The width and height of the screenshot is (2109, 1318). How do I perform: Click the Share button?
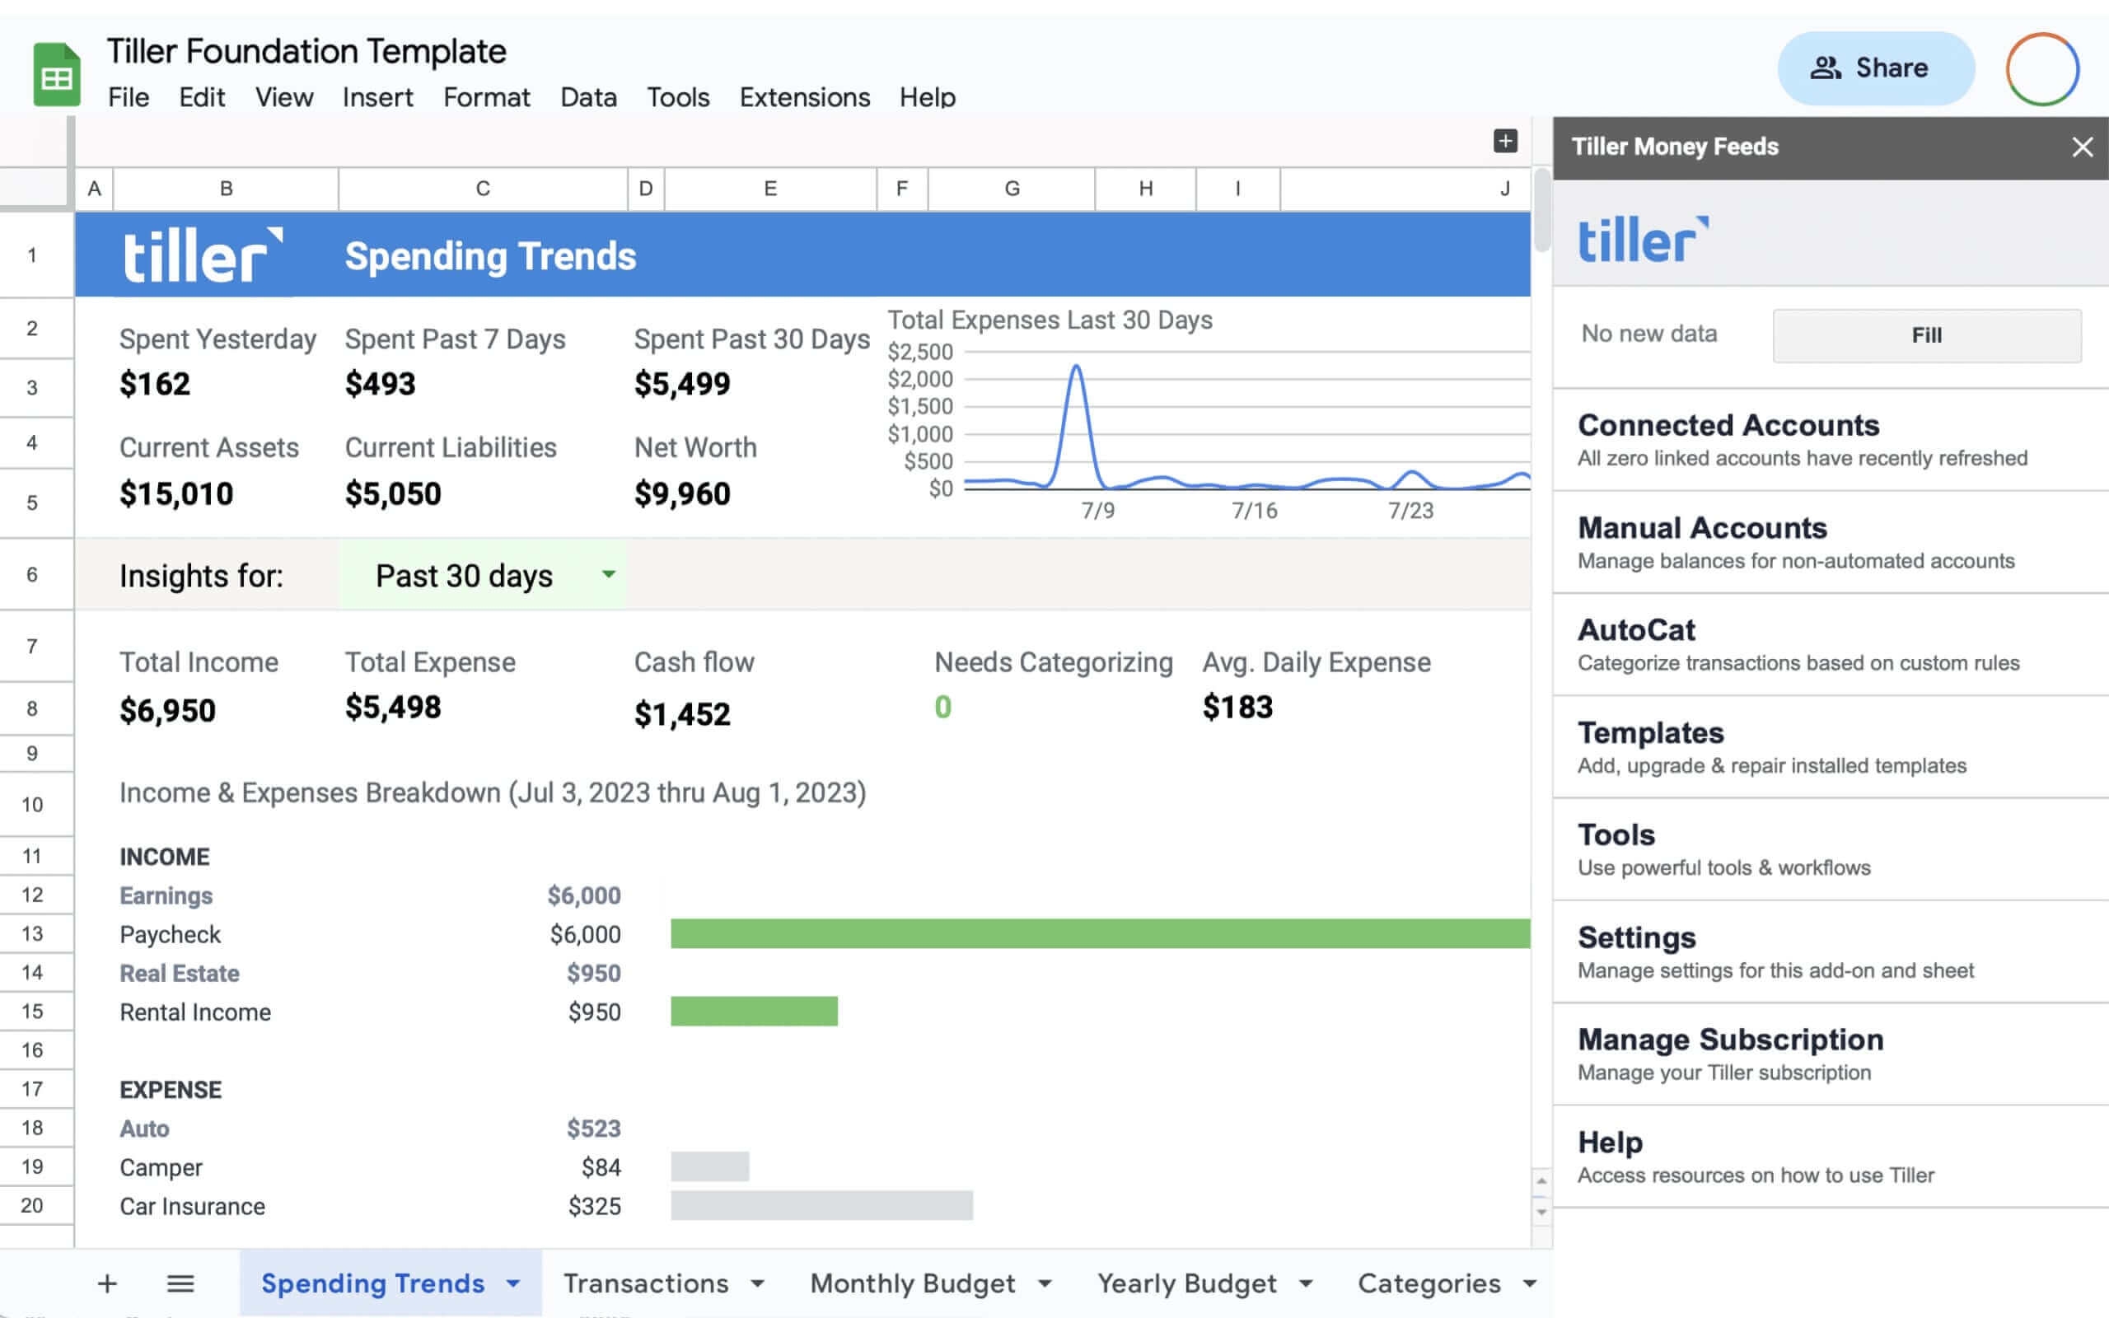pos(1874,68)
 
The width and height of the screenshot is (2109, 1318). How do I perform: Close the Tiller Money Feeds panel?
pos(2082,147)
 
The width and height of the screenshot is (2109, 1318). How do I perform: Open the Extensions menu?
pos(803,96)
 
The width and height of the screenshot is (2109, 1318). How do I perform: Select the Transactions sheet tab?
pos(646,1283)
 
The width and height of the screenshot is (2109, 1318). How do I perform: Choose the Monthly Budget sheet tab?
pos(913,1283)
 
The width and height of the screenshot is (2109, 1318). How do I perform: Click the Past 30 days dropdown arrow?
pos(608,573)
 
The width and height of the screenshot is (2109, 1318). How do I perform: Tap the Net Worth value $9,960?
pos(681,494)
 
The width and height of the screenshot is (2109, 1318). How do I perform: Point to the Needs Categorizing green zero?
pos(942,707)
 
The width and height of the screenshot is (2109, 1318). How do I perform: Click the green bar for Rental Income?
pos(754,1012)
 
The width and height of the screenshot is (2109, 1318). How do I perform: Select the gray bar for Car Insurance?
pos(821,1205)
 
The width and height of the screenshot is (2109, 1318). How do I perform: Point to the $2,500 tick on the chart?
pos(919,353)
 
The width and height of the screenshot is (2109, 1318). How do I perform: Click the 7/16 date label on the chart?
pos(1254,511)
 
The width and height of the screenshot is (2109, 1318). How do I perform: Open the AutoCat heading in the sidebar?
pos(1636,630)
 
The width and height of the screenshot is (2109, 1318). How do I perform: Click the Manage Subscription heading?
pos(1730,1039)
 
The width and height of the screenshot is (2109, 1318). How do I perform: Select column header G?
pos(1011,189)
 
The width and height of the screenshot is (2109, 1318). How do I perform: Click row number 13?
pos(32,933)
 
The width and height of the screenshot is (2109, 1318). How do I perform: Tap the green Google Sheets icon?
pos(57,75)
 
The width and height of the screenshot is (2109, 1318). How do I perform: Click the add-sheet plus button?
pos(107,1283)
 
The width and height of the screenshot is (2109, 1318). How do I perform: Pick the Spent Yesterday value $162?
pos(154,385)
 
